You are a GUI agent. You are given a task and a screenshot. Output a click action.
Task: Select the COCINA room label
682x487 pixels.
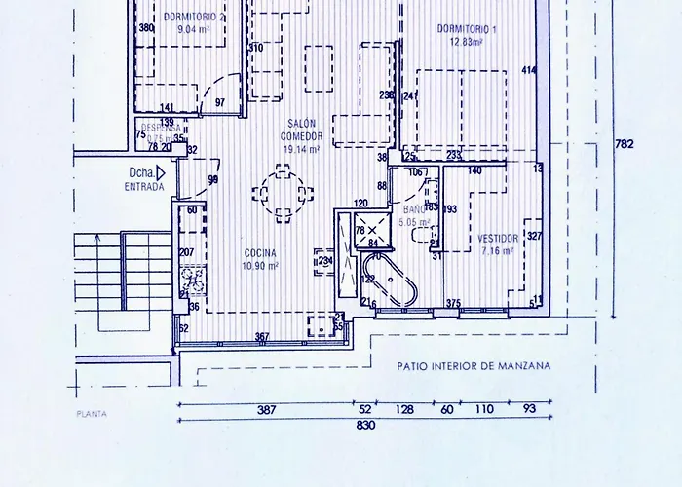pos(261,252)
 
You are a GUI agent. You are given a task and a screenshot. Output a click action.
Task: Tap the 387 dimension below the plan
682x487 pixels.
pos(266,411)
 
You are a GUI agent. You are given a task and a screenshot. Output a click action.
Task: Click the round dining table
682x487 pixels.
pos(282,189)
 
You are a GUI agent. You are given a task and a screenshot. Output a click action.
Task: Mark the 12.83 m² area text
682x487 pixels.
pos(468,42)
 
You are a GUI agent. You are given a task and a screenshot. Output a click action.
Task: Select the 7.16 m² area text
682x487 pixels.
pos(498,250)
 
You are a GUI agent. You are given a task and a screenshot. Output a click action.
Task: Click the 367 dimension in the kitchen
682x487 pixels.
pos(261,337)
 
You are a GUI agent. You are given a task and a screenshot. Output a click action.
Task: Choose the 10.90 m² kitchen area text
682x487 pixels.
pos(261,265)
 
